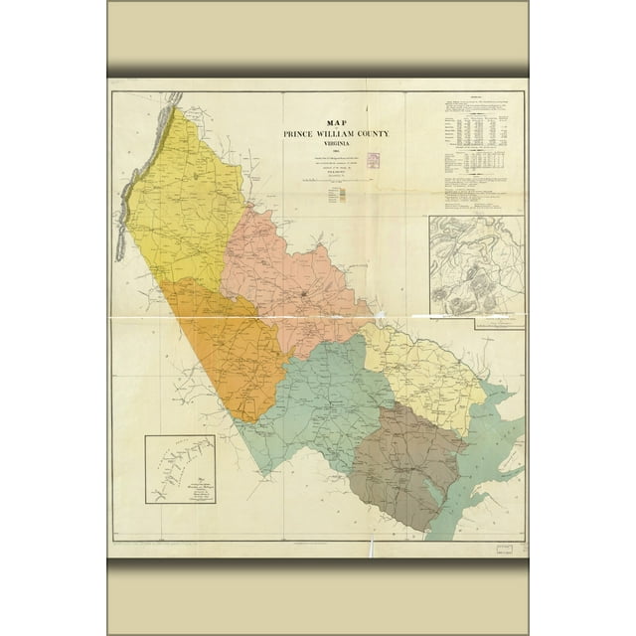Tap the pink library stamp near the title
375,159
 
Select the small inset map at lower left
180,468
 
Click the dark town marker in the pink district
303,295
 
